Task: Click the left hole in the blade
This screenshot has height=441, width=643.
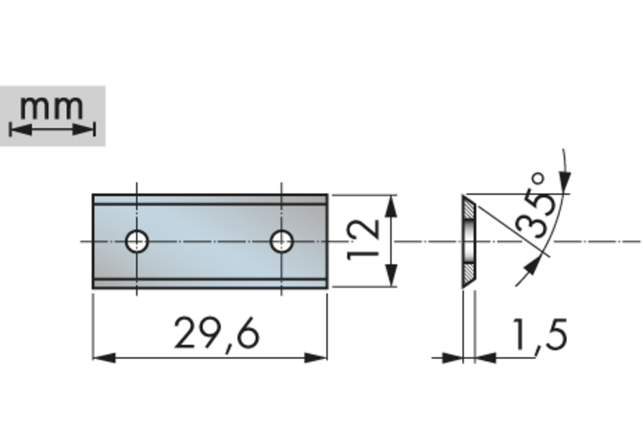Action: click(x=137, y=241)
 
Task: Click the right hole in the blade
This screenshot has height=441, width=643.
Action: click(x=282, y=241)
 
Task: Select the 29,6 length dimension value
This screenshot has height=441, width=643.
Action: click(x=216, y=333)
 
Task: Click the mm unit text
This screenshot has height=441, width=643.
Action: click(x=52, y=108)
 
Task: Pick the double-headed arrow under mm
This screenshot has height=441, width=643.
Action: click(x=52, y=130)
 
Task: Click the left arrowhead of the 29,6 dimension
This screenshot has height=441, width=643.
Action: click(x=101, y=357)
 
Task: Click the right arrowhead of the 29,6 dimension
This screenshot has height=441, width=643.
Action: click(x=319, y=357)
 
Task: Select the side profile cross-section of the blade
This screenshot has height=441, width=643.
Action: click(x=470, y=241)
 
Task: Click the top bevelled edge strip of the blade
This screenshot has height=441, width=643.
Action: click(x=210, y=199)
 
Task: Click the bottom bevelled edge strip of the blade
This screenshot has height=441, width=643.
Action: click(x=210, y=284)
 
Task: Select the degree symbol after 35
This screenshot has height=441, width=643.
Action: click(x=538, y=180)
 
